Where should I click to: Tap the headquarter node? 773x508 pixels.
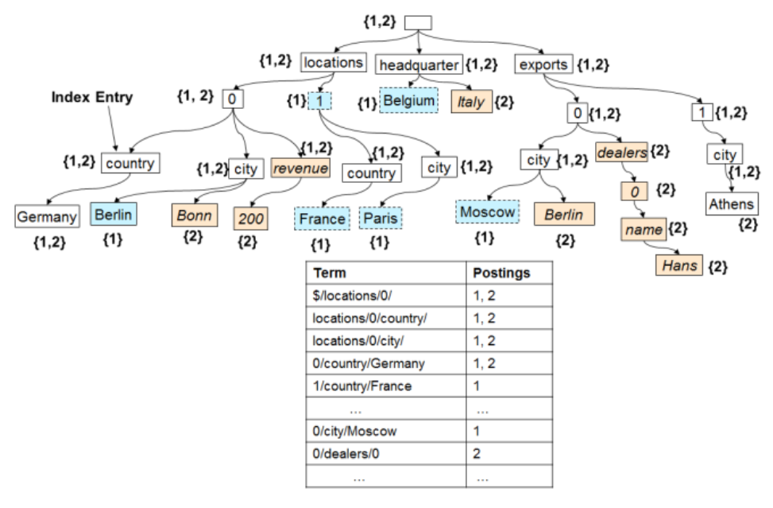click(x=418, y=64)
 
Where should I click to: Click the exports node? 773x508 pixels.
click(x=543, y=64)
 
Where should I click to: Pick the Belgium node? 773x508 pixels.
click(x=408, y=101)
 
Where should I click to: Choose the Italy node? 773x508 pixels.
click(x=471, y=102)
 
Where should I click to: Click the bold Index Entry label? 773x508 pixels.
click(x=92, y=97)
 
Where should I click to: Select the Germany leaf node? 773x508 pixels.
click(x=47, y=216)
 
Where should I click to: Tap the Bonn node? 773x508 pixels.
click(x=194, y=215)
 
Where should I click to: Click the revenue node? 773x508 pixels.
click(x=300, y=168)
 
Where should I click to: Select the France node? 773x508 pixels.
click(x=322, y=219)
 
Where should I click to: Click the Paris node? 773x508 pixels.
click(x=381, y=218)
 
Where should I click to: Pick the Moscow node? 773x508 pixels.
click(x=487, y=211)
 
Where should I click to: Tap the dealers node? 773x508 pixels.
click(x=621, y=149)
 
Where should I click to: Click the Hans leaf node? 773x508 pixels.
click(x=680, y=265)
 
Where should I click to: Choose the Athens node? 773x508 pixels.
click(x=731, y=204)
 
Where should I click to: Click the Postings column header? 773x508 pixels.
click(x=501, y=273)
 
